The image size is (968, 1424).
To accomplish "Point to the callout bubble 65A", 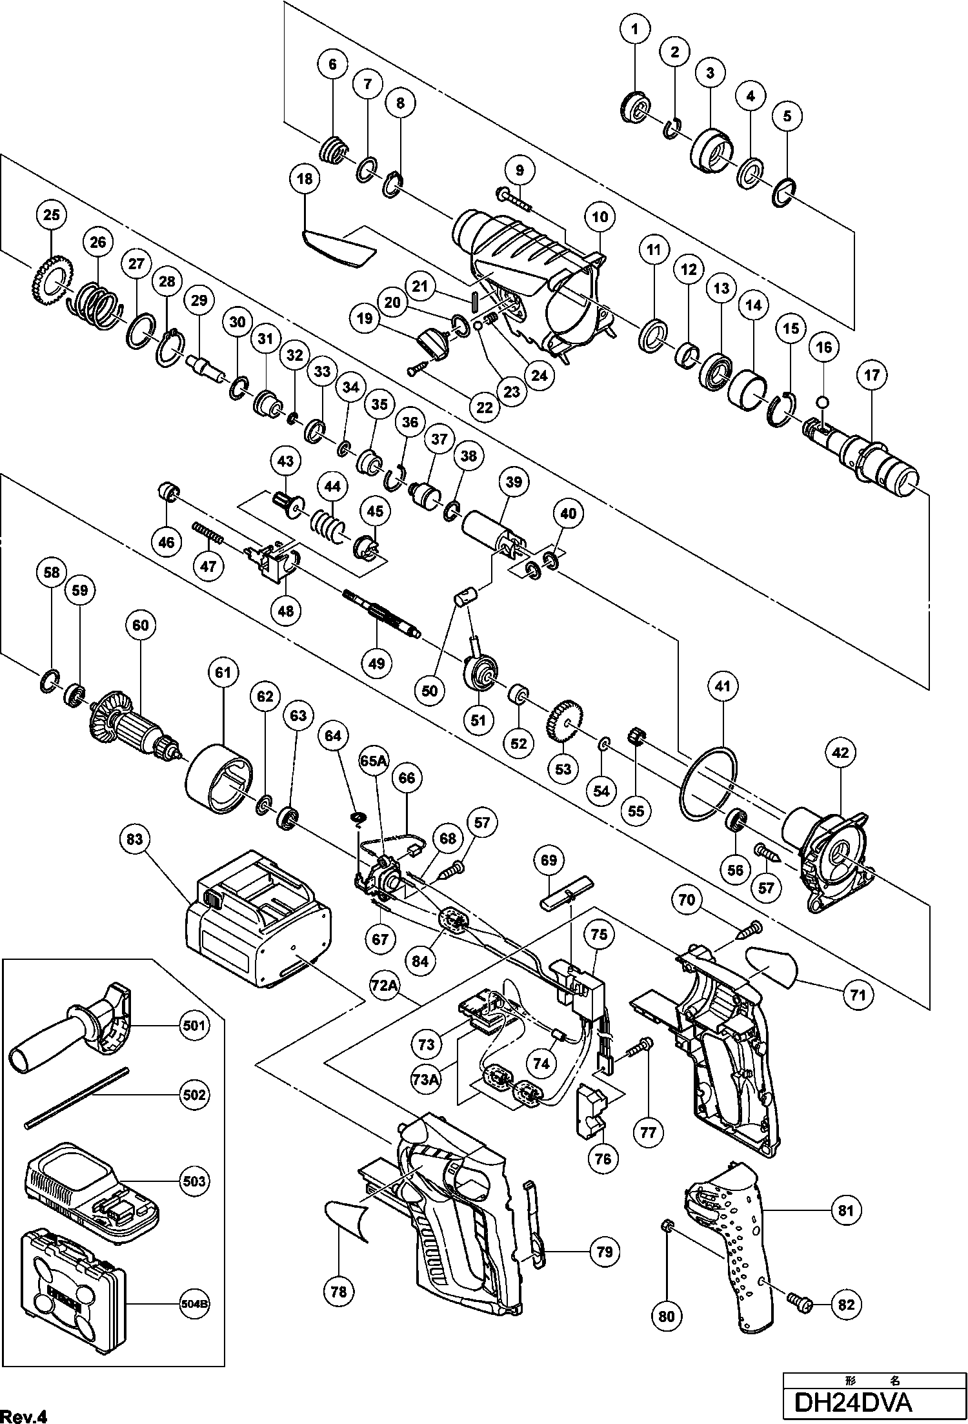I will pyautogui.click(x=374, y=761).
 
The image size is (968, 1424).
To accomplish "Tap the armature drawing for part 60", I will pyautogui.click(x=136, y=726).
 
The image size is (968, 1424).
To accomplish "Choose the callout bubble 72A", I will pyautogui.click(x=383, y=985).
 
